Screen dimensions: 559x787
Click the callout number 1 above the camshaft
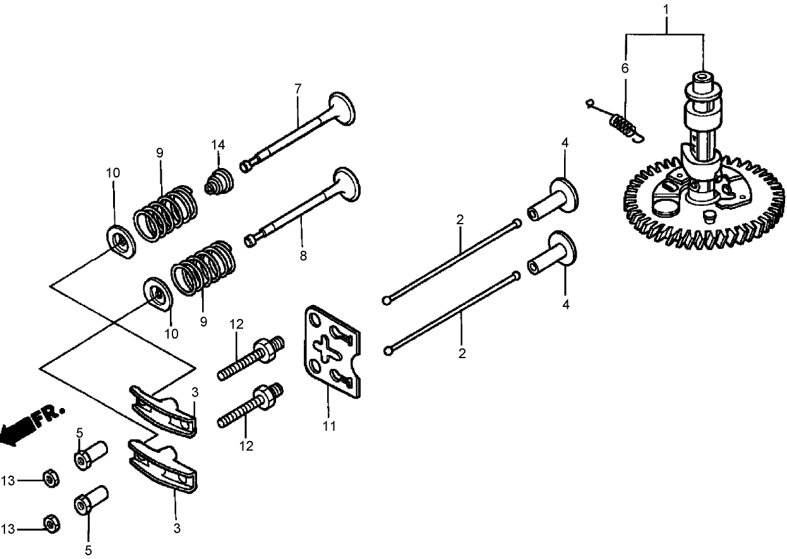[x=665, y=10]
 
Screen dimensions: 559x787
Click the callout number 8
[x=303, y=256]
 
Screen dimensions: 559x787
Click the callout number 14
[x=218, y=145]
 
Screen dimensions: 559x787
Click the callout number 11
[x=328, y=426]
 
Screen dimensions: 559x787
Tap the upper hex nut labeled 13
[x=49, y=479]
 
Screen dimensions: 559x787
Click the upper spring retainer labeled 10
[x=119, y=241]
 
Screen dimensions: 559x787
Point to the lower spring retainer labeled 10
[x=157, y=295]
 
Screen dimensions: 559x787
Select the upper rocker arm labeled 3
[x=164, y=411]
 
